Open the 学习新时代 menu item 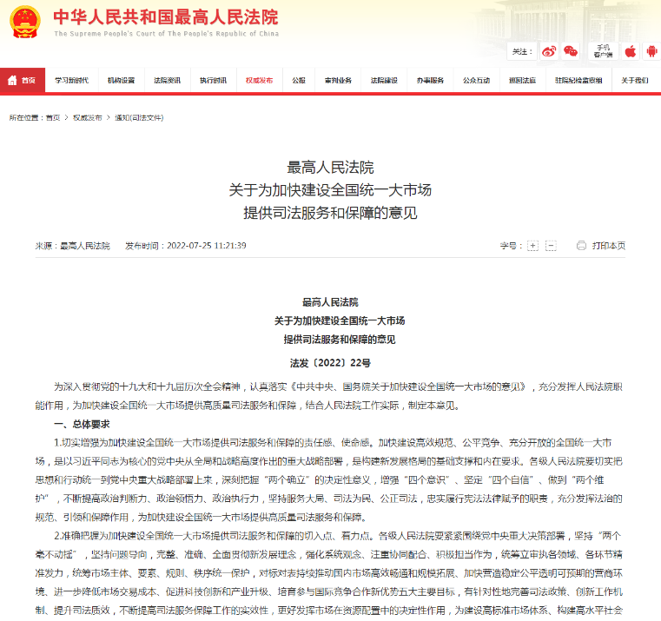pos(71,80)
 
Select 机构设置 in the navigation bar pos(121,80)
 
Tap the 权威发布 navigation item pos(259,80)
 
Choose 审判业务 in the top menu pos(338,80)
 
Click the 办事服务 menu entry pos(429,80)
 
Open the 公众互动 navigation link pos(476,80)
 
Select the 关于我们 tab pos(635,80)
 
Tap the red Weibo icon pos(549,51)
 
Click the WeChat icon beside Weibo pos(571,51)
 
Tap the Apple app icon pos(631,51)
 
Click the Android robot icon pos(651,51)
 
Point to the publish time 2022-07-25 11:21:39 pos(207,246)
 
